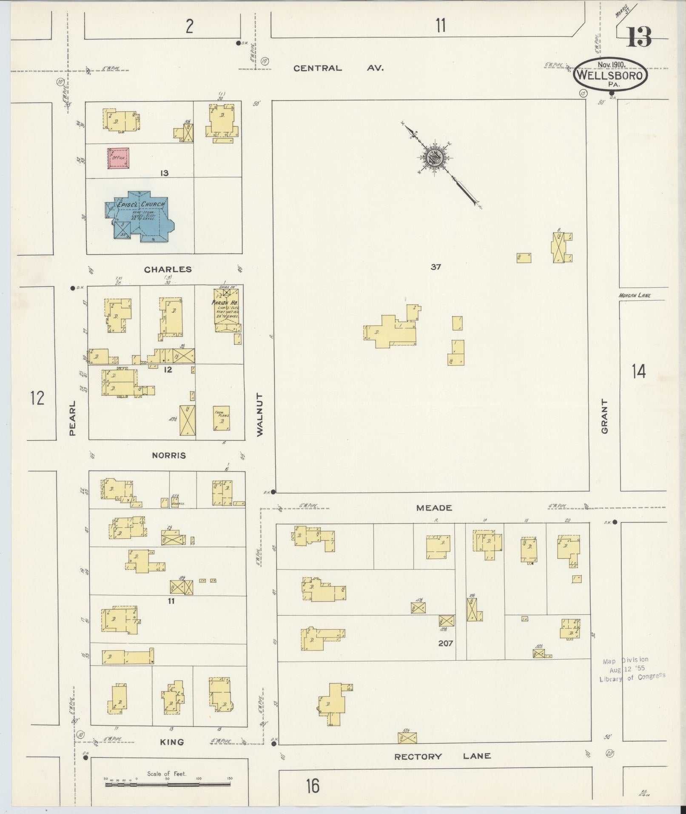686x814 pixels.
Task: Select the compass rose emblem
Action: (x=436, y=158)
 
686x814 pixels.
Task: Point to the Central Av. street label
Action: (x=339, y=68)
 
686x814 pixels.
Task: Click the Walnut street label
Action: (x=260, y=414)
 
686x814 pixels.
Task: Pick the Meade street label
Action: (x=434, y=508)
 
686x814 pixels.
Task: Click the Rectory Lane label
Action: (x=442, y=756)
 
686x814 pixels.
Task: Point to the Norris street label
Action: (x=169, y=455)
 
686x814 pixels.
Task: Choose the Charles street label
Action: (x=168, y=269)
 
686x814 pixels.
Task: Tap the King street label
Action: (x=172, y=742)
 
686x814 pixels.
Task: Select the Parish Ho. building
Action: (x=226, y=311)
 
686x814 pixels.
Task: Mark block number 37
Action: (x=436, y=267)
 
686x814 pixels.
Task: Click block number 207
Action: (x=445, y=643)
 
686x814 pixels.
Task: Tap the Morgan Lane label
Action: (x=635, y=295)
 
